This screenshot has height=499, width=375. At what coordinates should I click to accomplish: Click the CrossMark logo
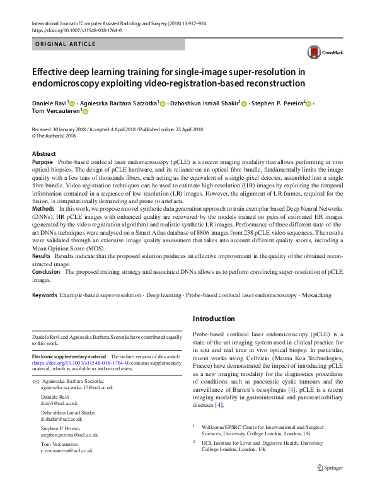(x=321, y=53)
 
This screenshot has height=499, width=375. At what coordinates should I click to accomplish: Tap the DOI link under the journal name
(x=76, y=30)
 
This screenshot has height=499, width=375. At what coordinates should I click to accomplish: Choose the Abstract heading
(x=43, y=154)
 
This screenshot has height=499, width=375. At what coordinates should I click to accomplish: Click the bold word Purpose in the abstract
(x=43, y=162)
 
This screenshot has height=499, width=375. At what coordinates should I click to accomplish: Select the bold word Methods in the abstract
(x=43, y=208)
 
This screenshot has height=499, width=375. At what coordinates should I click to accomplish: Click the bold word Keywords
(x=45, y=295)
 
